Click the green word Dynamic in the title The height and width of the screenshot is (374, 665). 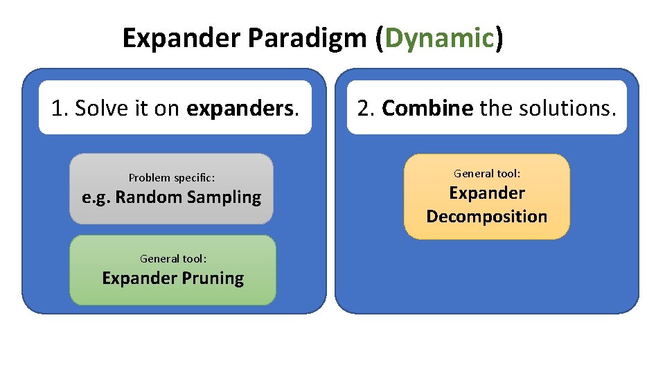(438, 39)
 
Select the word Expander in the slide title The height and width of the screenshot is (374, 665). (181, 39)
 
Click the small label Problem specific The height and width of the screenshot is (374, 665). (171, 178)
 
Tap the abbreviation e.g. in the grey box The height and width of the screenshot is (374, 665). (96, 197)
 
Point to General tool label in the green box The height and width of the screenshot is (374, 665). (173, 259)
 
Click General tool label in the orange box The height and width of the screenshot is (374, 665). (487, 174)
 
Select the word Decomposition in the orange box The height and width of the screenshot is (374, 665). (487, 217)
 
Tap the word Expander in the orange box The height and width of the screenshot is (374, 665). (487, 193)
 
